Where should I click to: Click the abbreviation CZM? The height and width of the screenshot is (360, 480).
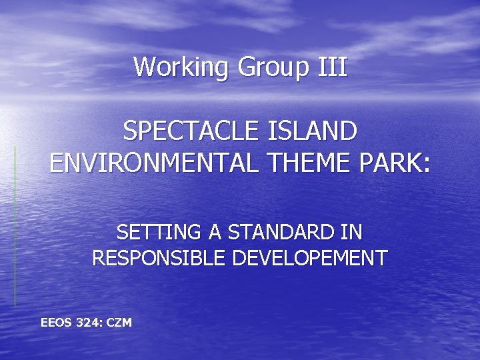click(119, 323)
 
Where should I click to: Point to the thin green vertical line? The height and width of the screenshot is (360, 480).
click(15, 227)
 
